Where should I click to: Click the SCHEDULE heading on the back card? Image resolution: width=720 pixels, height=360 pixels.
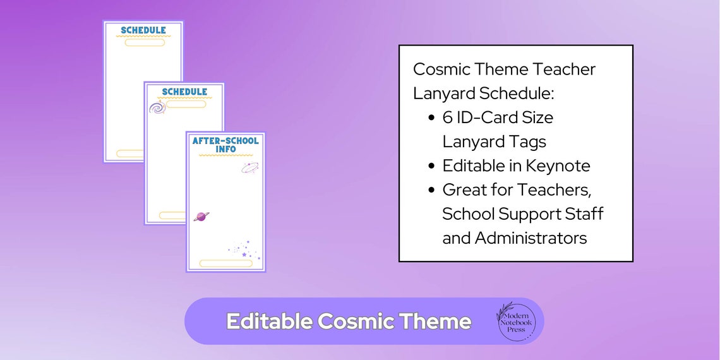143,30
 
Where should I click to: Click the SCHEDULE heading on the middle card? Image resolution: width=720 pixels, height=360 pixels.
184,92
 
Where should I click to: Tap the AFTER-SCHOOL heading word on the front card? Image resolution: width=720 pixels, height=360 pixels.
225,141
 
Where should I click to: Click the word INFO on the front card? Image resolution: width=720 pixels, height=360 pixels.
225,150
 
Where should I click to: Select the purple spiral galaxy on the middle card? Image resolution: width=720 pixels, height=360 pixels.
157,108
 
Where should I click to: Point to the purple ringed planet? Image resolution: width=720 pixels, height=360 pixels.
201,217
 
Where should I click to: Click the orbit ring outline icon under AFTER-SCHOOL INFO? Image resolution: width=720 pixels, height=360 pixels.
249,167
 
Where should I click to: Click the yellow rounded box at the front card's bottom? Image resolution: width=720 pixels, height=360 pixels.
225,263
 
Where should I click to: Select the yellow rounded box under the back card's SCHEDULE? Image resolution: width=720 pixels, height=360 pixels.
145,42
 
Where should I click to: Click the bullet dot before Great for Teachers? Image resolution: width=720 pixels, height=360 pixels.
431,190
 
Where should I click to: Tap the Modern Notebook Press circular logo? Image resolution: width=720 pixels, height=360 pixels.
515,321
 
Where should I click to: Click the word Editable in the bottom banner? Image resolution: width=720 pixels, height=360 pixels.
269,321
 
